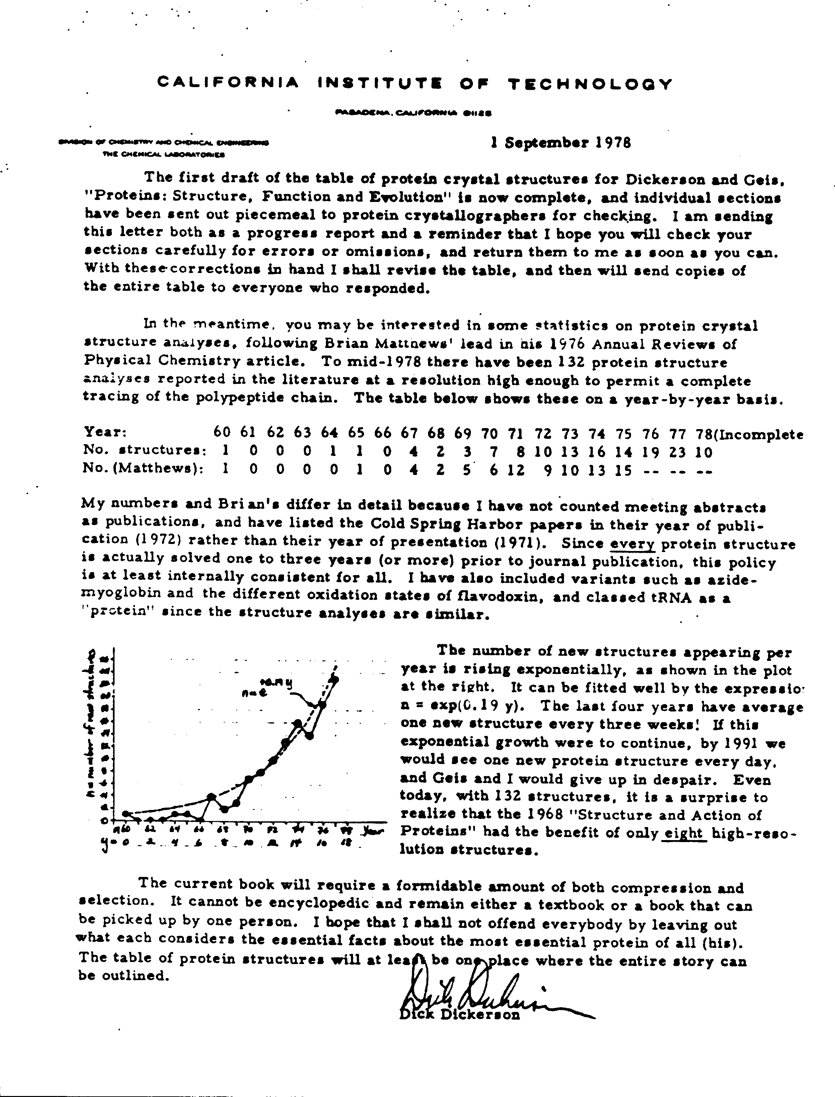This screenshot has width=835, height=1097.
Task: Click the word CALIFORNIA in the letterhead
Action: [x=228, y=82]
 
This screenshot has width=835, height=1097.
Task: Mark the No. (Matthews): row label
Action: [x=143, y=470]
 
